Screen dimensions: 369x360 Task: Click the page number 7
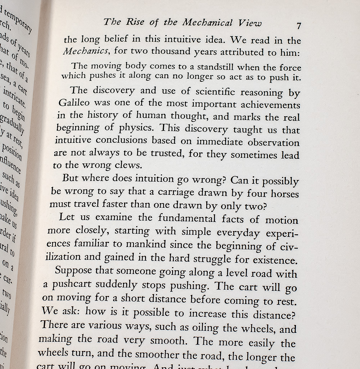click(298, 26)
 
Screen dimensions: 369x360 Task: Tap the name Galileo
click(74, 102)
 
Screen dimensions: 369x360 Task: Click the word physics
click(137, 127)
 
